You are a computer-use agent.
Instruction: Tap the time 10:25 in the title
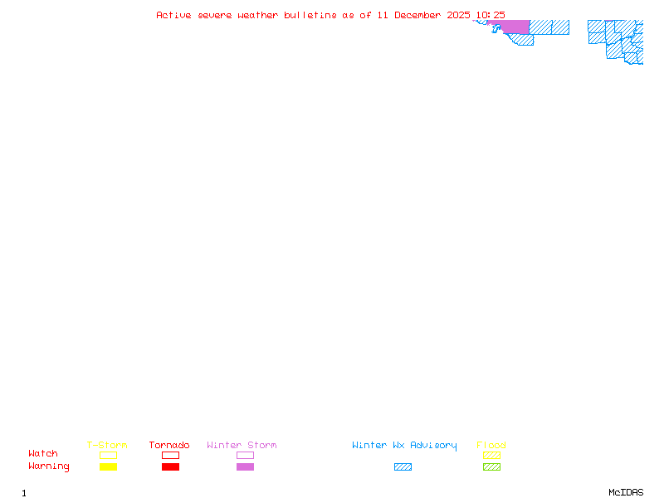(491, 15)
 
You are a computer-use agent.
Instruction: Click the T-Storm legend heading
(107, 446)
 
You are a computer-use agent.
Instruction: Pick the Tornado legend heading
(169, 446)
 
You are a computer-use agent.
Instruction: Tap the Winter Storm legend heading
(242, 446)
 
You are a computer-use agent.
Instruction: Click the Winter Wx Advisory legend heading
(404, 446)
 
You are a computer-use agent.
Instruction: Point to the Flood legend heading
(491, 446)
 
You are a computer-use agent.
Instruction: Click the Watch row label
(43, 454)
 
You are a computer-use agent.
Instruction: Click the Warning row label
(49, 466)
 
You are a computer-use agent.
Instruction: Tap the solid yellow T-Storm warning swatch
(108, 467)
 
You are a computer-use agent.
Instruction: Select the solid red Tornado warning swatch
(170, 467)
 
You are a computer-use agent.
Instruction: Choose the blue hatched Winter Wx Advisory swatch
(403, 467)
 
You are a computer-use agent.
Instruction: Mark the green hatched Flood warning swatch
(491, 467)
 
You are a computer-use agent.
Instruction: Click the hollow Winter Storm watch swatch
(245, 455)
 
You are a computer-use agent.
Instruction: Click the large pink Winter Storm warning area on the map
(515, 27)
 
